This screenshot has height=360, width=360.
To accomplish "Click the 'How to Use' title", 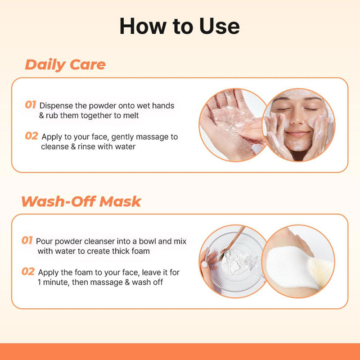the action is click(x=180, y=26).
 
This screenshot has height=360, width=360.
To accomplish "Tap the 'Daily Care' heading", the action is click(x=65, y=65).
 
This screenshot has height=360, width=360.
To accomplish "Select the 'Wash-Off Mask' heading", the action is click(x=81, y=201).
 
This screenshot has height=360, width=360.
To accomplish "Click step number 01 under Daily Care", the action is click(x=31, y=105).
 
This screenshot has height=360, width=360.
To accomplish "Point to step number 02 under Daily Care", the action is click(x=31, y=136).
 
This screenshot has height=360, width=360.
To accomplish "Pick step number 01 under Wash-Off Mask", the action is click(x=27, y=240).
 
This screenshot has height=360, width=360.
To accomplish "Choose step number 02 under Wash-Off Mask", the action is click(x=28, y=271).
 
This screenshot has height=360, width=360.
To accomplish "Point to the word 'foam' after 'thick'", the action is click(x=140, y=251).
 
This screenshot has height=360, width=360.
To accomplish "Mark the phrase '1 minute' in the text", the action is click(x=53, y=282).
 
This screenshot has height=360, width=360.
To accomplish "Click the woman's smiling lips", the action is click(x=298, y=134).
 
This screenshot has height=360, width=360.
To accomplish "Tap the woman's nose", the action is click(x=297, y=119).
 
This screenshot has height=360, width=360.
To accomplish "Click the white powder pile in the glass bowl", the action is click(x=234, y=262).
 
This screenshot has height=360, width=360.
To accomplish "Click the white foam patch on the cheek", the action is click(x=290, y=267).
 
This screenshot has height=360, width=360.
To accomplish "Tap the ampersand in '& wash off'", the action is click(x=127, y=282).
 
